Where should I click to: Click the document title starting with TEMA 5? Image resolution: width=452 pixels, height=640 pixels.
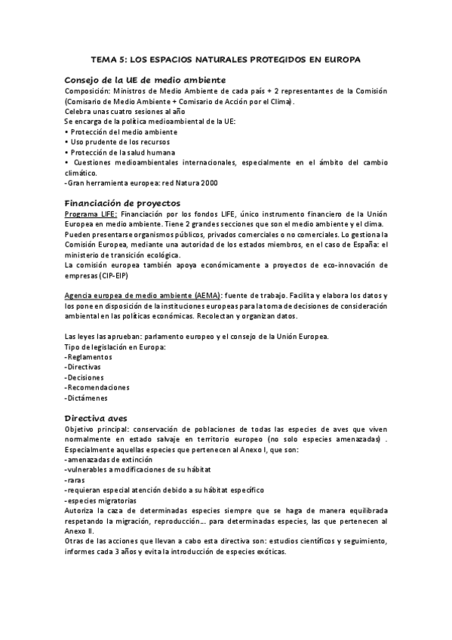[x=226, y=58]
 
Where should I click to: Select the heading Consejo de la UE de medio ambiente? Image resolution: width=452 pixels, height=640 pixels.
[x=145, y=79]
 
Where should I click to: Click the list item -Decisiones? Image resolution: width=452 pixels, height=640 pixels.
[x=85, y=377]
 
